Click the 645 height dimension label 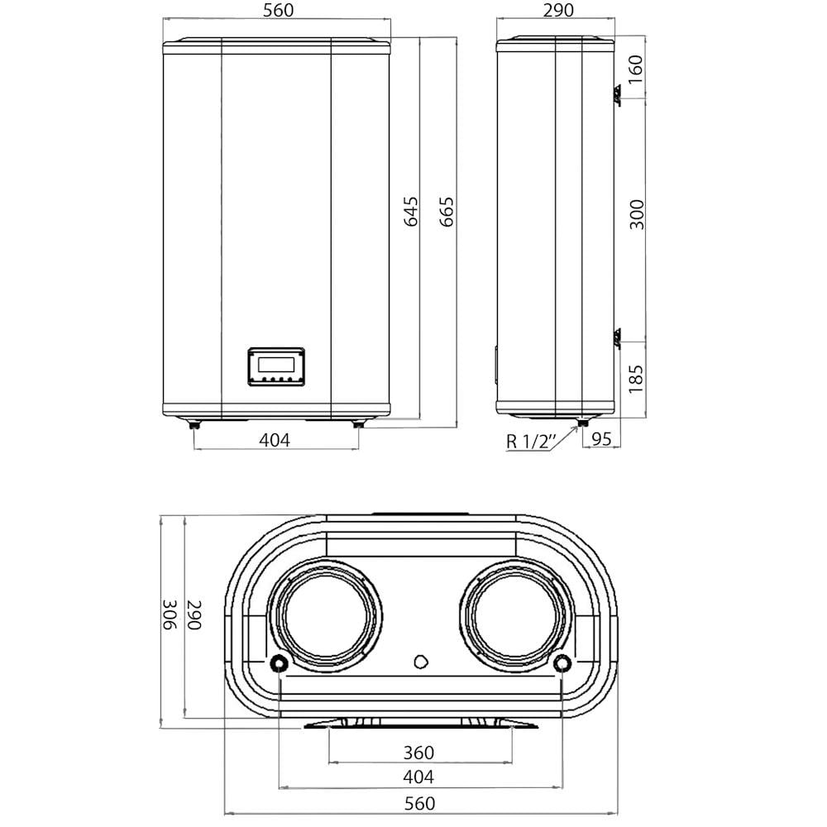click(x=411, y=212)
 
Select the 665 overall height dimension click(x=447, y=212)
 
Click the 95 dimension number click(x=601, y=440)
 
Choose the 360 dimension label click(x=418, y=753)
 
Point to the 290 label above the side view click(x=555, y=11)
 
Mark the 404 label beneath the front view click(x=275, y=440)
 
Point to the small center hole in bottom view click(x=420, y=661)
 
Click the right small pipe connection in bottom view click(x=562, y=662)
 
